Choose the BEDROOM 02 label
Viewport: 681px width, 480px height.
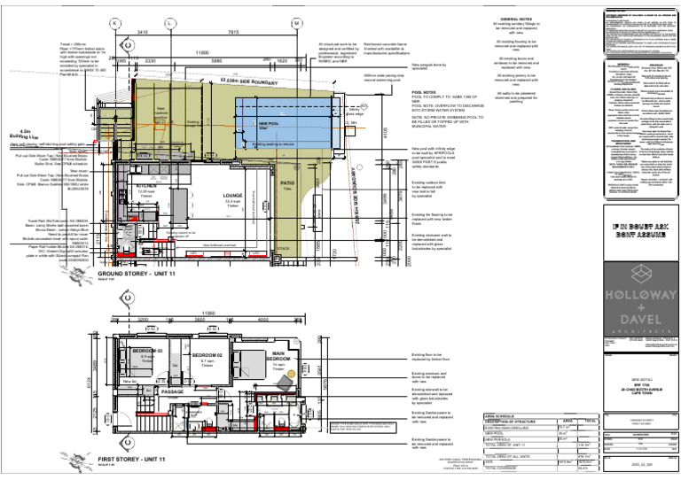pos(206,355)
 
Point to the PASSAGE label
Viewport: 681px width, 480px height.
pos(172,390)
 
